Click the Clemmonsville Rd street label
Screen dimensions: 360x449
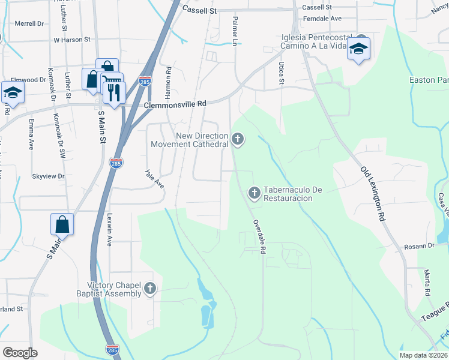tap(175, 104)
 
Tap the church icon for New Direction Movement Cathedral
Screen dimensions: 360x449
tap(238, 140)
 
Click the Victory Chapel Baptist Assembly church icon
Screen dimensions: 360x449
tap(150, 290)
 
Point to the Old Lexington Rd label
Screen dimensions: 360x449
tap(372, 194)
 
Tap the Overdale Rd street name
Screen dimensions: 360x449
tap(259, 238)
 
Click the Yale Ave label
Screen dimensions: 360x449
tap(154, 178)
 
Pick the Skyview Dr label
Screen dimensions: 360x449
tap(48, 176)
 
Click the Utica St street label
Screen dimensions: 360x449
tap(280, 72)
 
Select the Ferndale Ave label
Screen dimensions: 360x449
tap(323, 19)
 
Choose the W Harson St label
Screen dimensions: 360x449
tap(71, 40)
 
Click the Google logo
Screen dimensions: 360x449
tap(20, 353)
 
